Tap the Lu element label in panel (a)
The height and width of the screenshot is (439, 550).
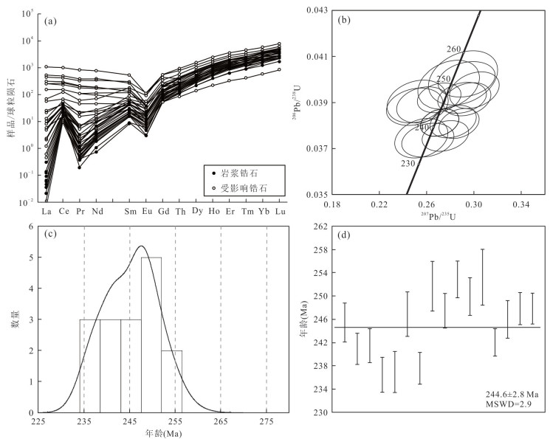(x=279, y=212)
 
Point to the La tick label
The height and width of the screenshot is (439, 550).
(x=47, y=212)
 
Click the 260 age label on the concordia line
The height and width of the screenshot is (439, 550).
(x=453, y=49)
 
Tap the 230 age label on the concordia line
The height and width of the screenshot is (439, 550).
(x=408, y=164)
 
